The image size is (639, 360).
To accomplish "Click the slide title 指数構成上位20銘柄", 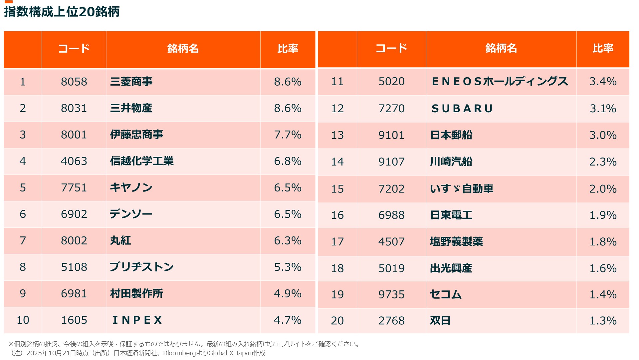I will (x=62, y=12).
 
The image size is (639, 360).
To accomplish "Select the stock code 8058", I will (x=74, y=82).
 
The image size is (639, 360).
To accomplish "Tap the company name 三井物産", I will (x=131, y=108).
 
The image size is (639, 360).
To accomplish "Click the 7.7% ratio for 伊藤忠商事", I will (x=288, y=135).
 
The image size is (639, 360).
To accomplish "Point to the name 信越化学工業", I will (x=142, y=161).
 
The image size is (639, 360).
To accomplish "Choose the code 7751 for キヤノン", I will (x=74, y=187).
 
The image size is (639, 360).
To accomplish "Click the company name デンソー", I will (x=131, y=214).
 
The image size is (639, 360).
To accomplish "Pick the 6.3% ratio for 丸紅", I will (x=288, y=240).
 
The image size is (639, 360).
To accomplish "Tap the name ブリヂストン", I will (x=142, y=267).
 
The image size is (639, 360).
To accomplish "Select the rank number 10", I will (x=23, y=320).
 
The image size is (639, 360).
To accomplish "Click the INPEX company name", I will (x=137, y=320).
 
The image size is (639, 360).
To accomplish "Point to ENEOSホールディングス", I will (x=500, y=81).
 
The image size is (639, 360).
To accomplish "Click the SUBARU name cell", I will (x=462, y=109).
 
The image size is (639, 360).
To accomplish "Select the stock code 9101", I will (x=391, y=135).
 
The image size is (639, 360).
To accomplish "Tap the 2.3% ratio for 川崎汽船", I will (x=603, y=162).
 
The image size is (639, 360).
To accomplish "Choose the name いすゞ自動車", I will (x=462, y=189).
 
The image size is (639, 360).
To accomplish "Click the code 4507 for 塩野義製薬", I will (x=391, y=242).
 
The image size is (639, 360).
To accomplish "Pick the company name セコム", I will (x=446, y=294).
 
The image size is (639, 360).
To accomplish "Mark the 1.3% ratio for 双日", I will (x=603, y=321).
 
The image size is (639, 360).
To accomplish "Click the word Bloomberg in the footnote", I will (x=179, y=353).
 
